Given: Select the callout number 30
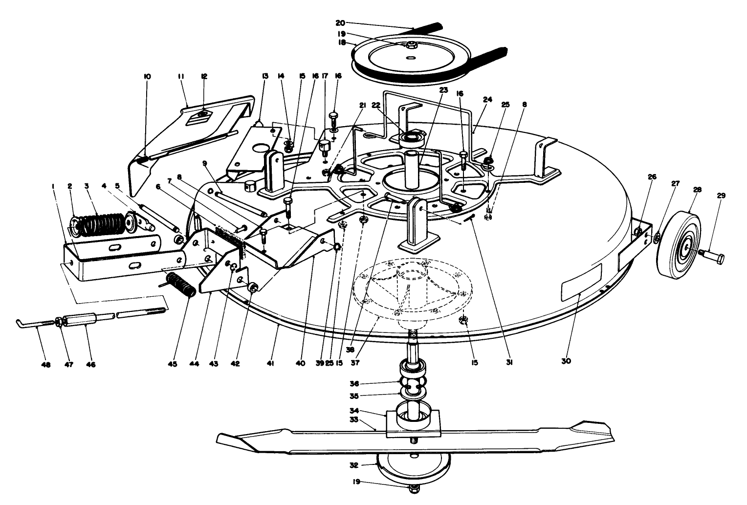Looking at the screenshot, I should (x=566, y=362).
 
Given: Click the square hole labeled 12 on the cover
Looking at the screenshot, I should (x=204, y=115).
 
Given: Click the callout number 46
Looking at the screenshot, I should (x=90, y=364).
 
